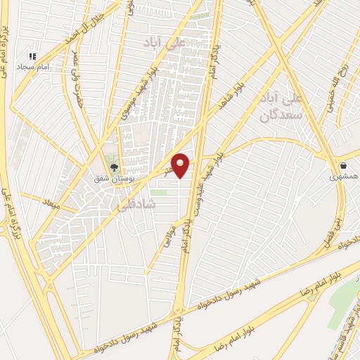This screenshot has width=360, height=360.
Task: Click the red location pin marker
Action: pyautogui.click(x=181, y=165)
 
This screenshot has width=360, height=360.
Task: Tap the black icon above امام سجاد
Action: pyautogui.click(x=31, y=56)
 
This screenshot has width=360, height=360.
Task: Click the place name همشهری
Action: pyautogui.click(x=344, y=178)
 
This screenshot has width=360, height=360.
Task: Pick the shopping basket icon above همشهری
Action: pyautogui.click(x=343, y=165)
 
